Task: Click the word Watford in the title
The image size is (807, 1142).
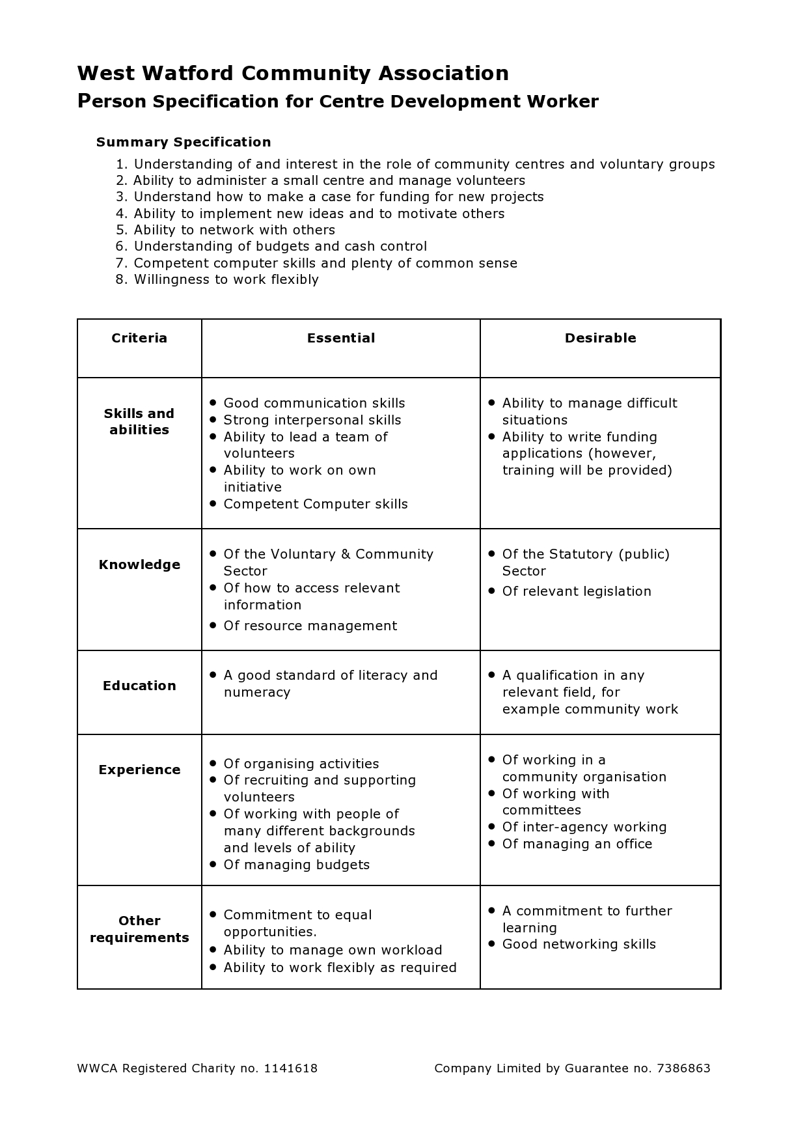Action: [x=189, y=73]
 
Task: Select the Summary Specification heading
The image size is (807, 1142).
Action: [x=184, y=142]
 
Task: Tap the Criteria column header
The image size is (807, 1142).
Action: [x=139, y=338]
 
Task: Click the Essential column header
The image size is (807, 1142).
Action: [x=341, y=338]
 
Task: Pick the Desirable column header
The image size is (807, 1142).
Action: [x=600, y=338]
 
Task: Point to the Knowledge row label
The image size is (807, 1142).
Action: [x=139, y=564]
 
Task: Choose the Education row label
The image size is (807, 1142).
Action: [x=139, y=686]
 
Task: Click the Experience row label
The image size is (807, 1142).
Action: [x=139, y=770]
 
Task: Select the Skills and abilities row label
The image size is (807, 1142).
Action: [x=139, y=421]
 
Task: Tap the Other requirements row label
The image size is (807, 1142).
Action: [x=139, y=929]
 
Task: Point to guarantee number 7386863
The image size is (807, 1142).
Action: [x=683, y=1068]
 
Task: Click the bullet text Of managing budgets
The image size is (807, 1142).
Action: [x=297, y=865]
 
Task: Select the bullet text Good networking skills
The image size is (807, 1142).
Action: [x=579, y=944]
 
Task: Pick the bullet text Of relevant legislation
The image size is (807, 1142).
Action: [x=577, y=591]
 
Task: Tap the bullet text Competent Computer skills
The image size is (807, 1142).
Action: [x=316, y=504]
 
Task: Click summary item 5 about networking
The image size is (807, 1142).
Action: [x=234, y=230]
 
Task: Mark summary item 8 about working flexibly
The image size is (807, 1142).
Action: [x=226, y=279]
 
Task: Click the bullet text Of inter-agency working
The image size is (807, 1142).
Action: [x=584, y=827]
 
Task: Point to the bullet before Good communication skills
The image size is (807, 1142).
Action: [x=213, y=402]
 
